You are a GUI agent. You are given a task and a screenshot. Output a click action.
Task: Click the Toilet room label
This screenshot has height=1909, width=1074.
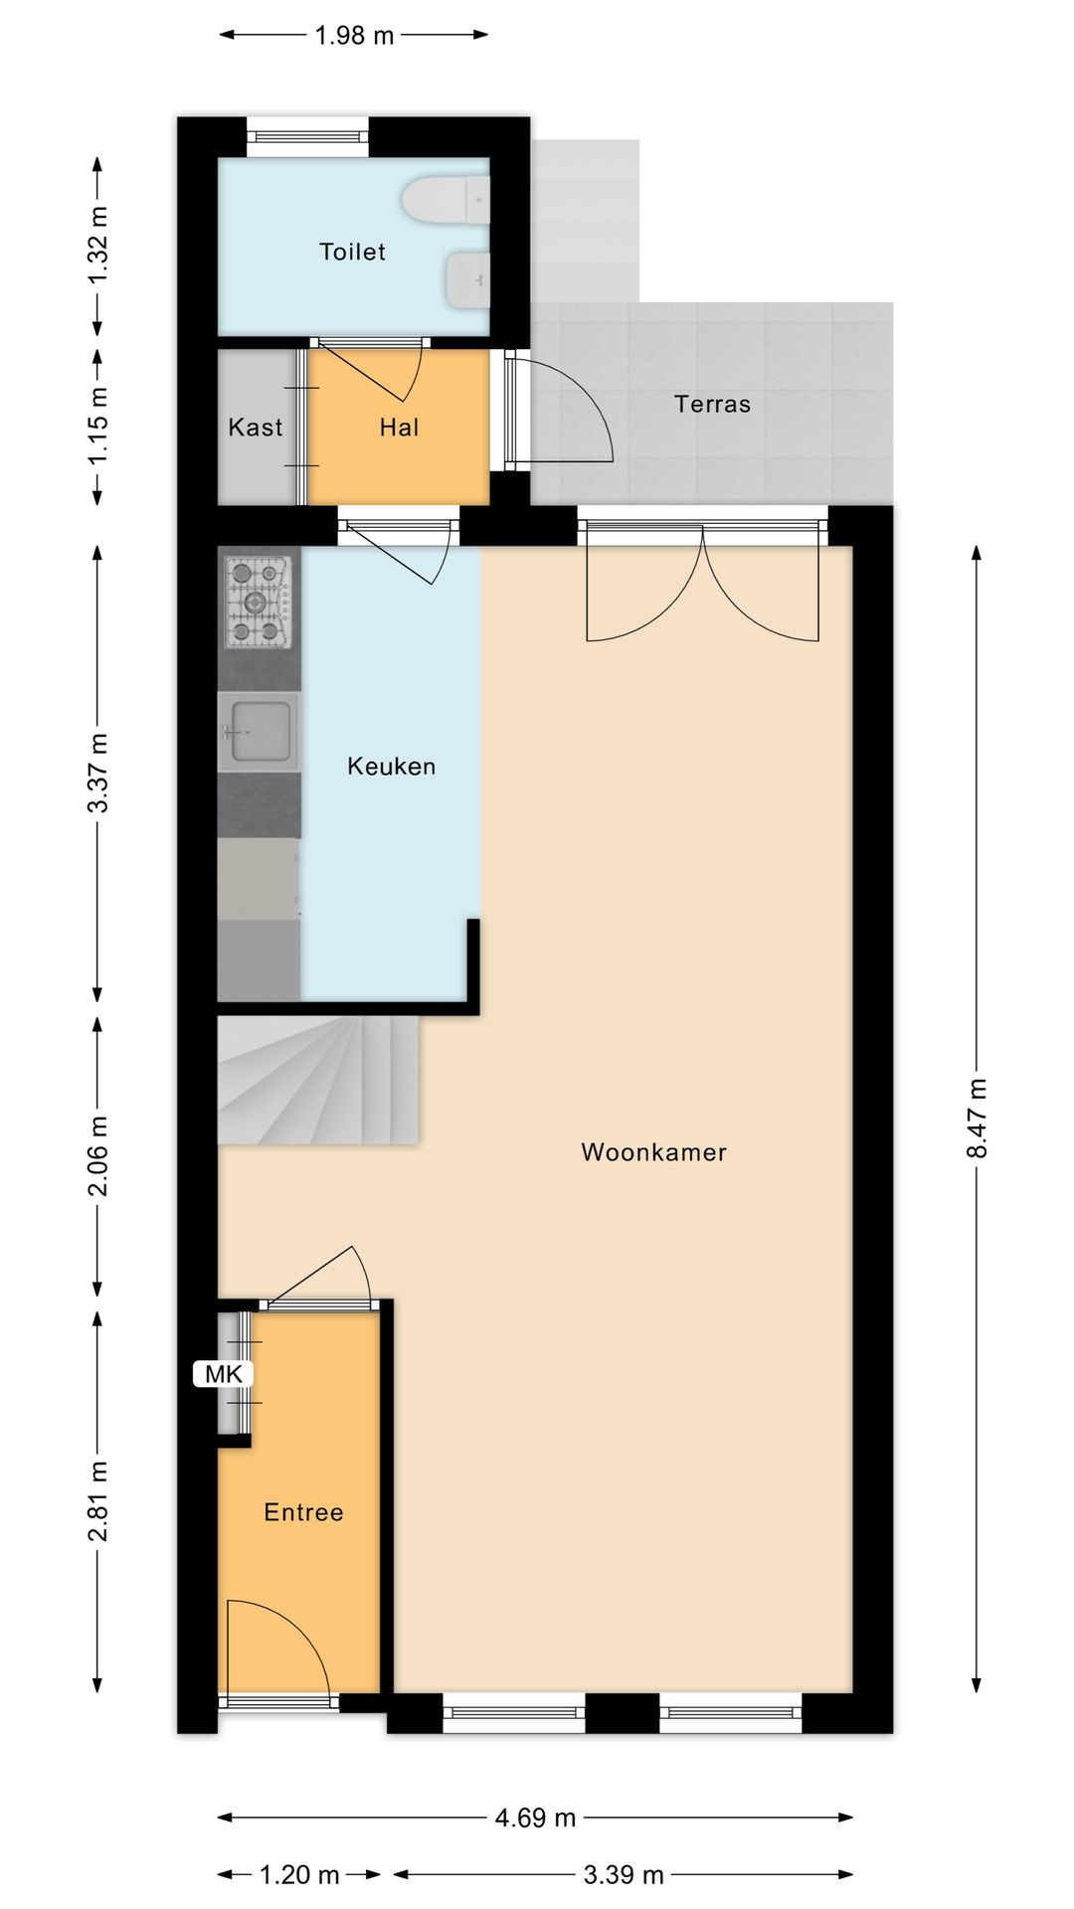click(352, 252)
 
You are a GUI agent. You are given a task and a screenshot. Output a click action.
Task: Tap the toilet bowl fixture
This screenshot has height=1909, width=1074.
click(446, 202)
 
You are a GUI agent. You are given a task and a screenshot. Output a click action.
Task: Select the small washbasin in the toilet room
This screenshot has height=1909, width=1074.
click(466, 279)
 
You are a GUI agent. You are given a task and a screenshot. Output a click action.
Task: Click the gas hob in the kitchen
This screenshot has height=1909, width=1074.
click(258, 603)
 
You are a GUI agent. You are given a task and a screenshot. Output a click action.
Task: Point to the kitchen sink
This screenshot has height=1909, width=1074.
click(258, 734)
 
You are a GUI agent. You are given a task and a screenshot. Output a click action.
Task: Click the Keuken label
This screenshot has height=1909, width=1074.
click(391, 767)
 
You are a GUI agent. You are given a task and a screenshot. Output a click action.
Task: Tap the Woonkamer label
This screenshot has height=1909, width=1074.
click(653, 1152)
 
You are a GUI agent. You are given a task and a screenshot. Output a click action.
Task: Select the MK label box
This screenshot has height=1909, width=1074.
click(224, 1374)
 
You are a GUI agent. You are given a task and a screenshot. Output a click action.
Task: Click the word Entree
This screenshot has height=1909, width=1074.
click(303, 1512)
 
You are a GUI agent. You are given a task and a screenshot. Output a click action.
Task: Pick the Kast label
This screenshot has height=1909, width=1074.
click(256, 428)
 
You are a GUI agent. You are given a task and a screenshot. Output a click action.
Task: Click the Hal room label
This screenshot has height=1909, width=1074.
click(399, 428)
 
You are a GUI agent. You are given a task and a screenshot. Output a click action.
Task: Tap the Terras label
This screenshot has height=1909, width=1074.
click(712, 404)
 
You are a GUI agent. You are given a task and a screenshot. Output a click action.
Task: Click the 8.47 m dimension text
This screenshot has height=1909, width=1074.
click(977, 1118)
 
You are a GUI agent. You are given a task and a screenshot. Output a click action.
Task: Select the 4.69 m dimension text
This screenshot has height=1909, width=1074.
click(535, 1818)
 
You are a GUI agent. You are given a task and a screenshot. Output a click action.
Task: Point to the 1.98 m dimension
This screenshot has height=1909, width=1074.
click(354, 36)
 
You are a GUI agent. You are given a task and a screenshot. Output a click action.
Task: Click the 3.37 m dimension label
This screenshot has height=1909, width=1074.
click(98, 773)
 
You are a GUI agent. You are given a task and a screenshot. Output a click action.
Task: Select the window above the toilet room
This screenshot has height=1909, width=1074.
click(307, 136)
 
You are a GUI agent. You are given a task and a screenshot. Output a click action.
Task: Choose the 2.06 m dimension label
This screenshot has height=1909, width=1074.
click(98, 1156)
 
